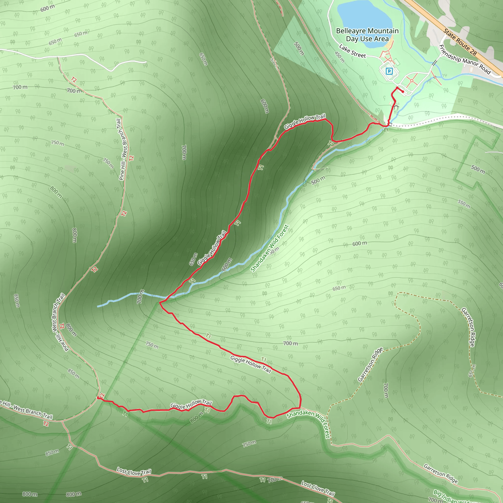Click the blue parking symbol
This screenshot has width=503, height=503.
(389, 71)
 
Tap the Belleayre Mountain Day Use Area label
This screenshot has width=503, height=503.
(367, 35)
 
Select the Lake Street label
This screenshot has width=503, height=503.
(352, 51)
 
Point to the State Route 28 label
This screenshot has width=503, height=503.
(460, 42)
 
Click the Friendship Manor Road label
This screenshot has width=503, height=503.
(465, 59)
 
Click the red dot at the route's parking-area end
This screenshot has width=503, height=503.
(403, 92)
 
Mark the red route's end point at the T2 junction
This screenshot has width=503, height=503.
(98, 398)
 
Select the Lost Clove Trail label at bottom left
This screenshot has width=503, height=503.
(134, 472)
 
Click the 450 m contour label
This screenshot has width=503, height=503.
(339, 57)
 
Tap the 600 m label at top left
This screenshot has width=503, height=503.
(47, 8)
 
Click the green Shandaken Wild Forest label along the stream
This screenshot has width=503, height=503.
(269, 248)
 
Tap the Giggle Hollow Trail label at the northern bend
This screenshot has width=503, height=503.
(305, 121)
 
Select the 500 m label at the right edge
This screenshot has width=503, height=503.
(478, 169)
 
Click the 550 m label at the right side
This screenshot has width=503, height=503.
(464, 204)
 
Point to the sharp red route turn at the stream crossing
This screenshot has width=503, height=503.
(160, 302)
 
